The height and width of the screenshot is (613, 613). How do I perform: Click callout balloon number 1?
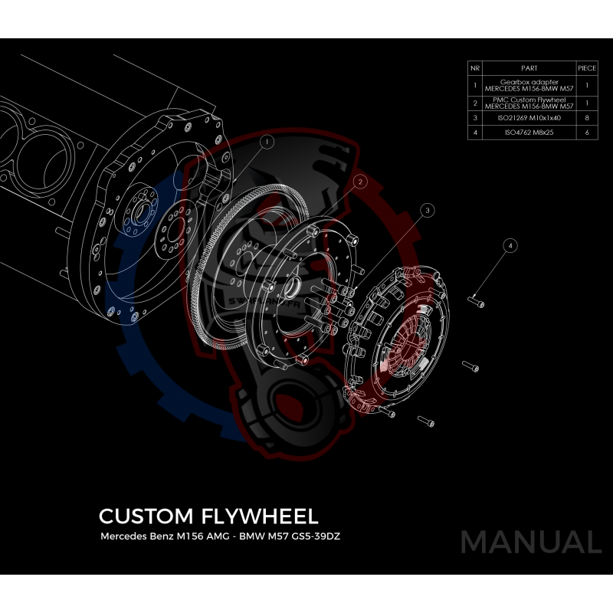pos(267,142)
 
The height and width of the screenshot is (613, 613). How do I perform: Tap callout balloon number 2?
pos(359,182)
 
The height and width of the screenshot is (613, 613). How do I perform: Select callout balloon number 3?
pos(428,208)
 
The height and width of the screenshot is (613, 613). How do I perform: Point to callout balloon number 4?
pos(510,246)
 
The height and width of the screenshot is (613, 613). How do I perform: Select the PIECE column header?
pos(586,68)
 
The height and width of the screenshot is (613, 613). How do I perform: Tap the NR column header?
pos(475,68)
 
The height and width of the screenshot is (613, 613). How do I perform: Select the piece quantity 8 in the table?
pos(586,118)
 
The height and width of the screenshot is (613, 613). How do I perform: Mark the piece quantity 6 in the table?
pos(586,133)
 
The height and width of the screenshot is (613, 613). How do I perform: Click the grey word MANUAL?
pos(530,543)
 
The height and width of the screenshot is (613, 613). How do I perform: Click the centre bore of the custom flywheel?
pos(293,289)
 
